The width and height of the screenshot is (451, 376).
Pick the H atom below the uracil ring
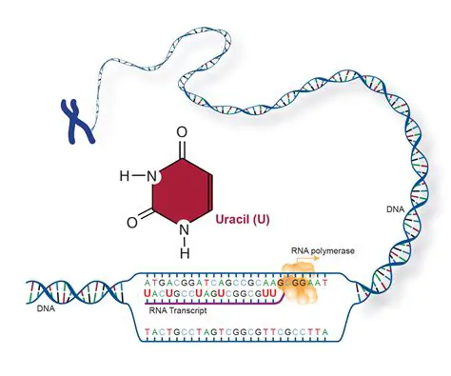183,253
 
